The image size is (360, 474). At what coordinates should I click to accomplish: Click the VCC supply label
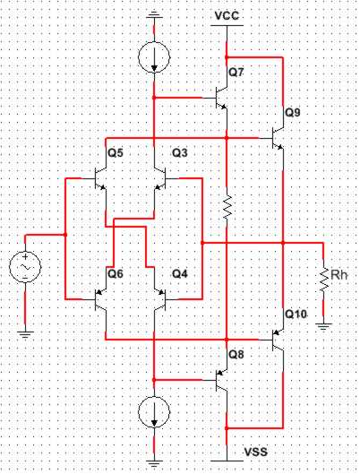tap(227, 15)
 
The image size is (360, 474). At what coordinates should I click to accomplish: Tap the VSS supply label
tap(255, 452)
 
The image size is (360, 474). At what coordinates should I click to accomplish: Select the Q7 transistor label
tap(236, 73)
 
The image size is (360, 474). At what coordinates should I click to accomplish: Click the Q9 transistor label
tap(293, 113)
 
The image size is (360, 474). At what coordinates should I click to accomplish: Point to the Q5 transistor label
tap(116, 153)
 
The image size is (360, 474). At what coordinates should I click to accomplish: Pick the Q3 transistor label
tap(179, 153)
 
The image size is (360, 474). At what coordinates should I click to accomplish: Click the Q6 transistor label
tap(116, 274)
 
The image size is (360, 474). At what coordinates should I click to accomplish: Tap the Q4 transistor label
tap(179, 274)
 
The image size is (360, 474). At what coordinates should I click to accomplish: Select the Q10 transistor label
tap(296, 315)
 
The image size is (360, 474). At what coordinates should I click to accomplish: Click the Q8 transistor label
tap(236, 354)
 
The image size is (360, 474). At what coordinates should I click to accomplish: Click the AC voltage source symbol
tap(25, 267)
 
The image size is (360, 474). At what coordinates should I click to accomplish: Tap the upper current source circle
tap(154, 56)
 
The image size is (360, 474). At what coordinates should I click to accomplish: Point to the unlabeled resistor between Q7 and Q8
tap(227, 207)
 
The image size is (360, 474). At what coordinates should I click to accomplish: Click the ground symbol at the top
tap(154, 15)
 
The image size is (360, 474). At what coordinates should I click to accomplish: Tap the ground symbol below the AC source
tap(25, 334)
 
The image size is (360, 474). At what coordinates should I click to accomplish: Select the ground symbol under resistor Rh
tap(323, 326)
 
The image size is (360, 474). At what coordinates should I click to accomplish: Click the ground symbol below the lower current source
tap(154, 464)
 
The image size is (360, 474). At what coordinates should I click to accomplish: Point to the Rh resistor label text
tap(339, 275)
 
